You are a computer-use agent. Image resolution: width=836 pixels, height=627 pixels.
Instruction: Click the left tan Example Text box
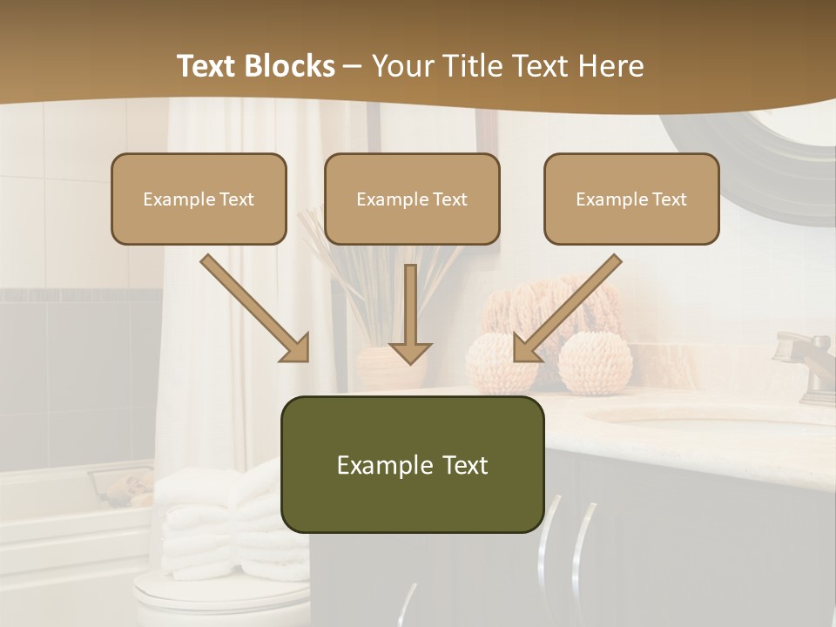(199, 199)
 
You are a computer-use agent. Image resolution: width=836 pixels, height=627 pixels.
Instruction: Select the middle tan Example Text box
(412, 199)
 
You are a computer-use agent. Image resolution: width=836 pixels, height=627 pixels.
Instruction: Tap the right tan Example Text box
(631, 199)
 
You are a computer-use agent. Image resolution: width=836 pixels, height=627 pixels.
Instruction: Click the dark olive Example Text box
(412, 464)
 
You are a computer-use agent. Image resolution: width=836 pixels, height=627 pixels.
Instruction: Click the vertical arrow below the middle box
(410, 314)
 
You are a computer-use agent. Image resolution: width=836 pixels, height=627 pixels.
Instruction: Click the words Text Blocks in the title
(255, 66)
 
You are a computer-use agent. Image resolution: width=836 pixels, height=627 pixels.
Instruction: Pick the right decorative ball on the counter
(595, 363)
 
